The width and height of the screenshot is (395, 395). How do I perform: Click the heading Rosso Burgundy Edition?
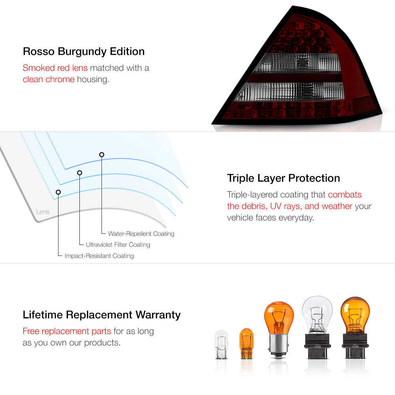(84, 52)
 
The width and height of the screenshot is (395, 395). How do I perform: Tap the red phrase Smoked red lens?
(55, 68)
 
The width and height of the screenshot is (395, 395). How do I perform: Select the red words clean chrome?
(49, 79)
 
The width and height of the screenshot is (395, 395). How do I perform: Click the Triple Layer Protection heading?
(283, 179)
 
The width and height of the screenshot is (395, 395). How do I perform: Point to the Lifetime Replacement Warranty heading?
(102, 315)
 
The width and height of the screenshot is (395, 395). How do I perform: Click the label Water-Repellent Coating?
(141, 234)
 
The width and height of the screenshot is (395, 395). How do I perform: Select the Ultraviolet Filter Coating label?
(118, 245)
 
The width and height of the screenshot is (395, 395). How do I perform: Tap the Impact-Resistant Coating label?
(99, 256)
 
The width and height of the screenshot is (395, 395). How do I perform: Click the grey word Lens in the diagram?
(43, 212)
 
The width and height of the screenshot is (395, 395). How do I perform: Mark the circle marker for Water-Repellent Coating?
(102, 154)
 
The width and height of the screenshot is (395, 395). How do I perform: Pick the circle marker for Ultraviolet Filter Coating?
(80, 173)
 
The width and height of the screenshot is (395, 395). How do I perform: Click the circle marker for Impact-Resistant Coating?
(58, 192)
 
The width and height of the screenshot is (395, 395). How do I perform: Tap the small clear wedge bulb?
(221, 344)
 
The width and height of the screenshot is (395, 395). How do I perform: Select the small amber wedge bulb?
(246, 343)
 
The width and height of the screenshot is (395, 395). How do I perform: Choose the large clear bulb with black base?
(318, 327)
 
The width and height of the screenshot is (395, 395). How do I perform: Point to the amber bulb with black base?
(355, 327)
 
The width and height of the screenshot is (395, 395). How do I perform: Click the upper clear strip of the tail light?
(299, 63)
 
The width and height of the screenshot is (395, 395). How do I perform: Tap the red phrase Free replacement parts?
(67, 331)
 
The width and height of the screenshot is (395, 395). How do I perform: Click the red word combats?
(344, 195)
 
